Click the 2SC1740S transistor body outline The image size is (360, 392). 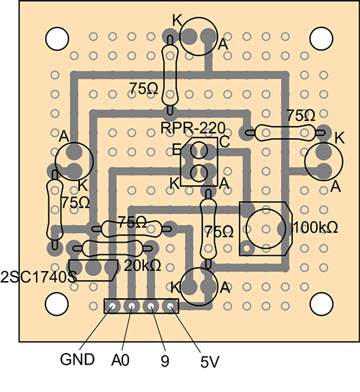[94, 269]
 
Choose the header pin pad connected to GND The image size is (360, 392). [112, 306]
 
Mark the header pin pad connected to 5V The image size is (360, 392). [171, 306]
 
